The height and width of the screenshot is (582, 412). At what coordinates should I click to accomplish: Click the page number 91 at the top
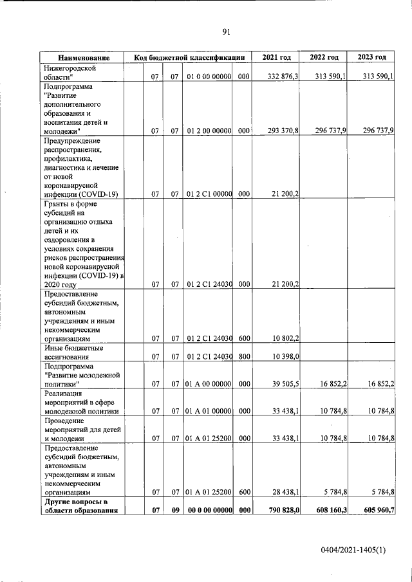click(226, 32)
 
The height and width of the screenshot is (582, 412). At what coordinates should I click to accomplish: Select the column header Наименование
click(82, 58)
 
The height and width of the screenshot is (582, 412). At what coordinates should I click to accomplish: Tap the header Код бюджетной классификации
click(189, 58)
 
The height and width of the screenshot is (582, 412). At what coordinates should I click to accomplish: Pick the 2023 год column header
click(372, 58)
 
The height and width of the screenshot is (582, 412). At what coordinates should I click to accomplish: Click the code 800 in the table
click(243, 356)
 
